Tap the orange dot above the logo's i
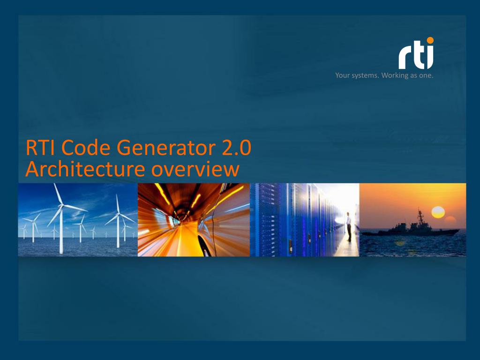coord(430,40)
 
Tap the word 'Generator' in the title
coord(158,149)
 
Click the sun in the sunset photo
coord(438,212)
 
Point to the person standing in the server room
coord(349,225)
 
